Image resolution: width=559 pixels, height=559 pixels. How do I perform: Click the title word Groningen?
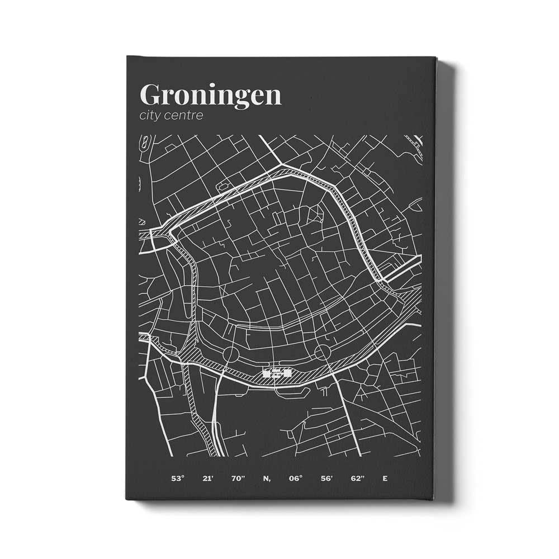[210, 95]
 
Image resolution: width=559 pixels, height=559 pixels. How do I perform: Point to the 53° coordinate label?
[177, 479]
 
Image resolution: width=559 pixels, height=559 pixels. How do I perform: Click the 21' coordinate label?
[208, 479]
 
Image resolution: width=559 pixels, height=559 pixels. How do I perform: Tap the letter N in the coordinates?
[266, 479]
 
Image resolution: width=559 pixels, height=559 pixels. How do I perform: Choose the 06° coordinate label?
[296, 479]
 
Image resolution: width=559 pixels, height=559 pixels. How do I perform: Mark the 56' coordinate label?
[326, 479]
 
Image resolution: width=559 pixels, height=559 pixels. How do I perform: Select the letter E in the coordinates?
[385, 479]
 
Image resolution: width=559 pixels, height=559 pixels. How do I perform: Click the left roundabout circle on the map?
[230, 354]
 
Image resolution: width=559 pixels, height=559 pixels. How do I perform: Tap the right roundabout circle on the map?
[322, 353]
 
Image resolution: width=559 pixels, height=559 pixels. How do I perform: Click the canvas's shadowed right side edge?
[444, 279]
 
